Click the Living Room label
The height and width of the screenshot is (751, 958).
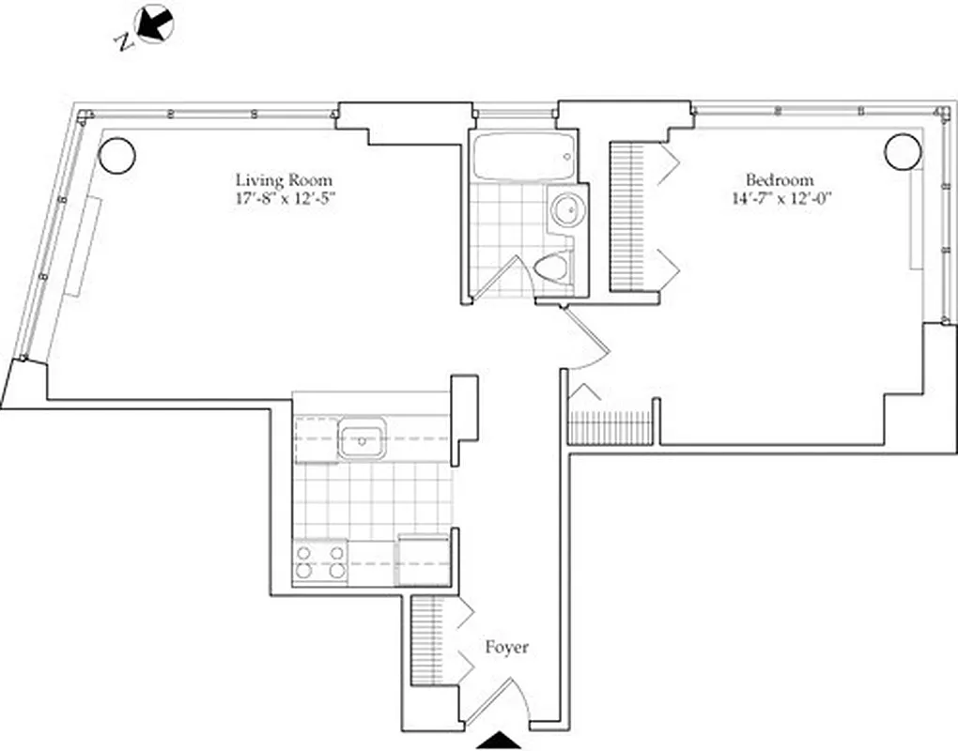tap(283, 179)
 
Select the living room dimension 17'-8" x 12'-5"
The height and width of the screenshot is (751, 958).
tap(283, 198)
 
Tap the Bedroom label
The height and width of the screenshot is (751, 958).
tap(780, 179)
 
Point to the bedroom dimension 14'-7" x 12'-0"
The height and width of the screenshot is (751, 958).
tap(780, 198)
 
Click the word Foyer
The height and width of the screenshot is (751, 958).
tap(506, 648)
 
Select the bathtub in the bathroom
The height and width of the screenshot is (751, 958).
tap(523, 157)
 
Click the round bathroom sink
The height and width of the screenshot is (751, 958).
tap(566, 209)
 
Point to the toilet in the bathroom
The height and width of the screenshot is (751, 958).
tap(552, 268)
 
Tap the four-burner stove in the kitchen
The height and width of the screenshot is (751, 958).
tap(320, 561)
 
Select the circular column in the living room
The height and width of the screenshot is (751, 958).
tap(117, 155)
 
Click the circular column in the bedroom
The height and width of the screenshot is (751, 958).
tap(901, 150)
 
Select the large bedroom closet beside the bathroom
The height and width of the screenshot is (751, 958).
tap(627, 216)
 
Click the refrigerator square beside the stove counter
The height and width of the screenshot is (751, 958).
tap(425, 560)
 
